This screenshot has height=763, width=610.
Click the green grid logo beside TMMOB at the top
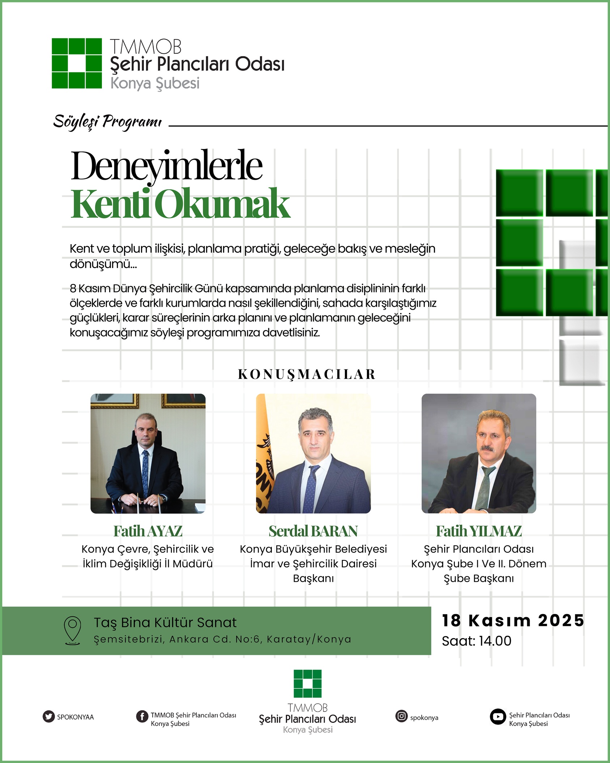77,63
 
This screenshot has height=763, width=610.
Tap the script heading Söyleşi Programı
107,122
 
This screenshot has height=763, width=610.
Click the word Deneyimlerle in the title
166,166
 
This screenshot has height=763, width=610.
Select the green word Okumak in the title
224,204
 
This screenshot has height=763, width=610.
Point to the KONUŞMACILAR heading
307,374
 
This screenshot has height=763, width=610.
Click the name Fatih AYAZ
148,531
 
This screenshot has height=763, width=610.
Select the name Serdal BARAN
313,531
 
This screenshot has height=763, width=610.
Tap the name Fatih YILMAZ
479,531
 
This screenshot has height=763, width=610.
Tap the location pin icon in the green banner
72,631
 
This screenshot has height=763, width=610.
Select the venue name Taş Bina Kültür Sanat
165,623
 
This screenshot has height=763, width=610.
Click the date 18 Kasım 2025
513,620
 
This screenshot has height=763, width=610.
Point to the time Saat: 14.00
477,641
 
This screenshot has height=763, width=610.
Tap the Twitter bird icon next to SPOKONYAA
48,716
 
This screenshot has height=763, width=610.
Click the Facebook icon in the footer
142,716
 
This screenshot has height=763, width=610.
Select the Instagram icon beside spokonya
401,716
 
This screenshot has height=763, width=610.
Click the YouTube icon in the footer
498,717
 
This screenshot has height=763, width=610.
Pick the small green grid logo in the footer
307,683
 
